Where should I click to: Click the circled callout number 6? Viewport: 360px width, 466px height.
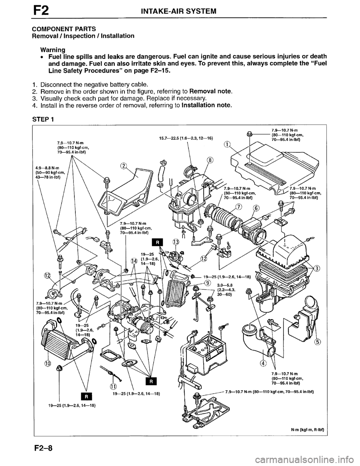tap(256, 209)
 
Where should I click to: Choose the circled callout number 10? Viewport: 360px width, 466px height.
tap(48, 363)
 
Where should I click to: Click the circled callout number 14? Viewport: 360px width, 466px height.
tap(134, 261)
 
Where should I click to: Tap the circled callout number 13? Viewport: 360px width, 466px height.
tap(175, 242)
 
